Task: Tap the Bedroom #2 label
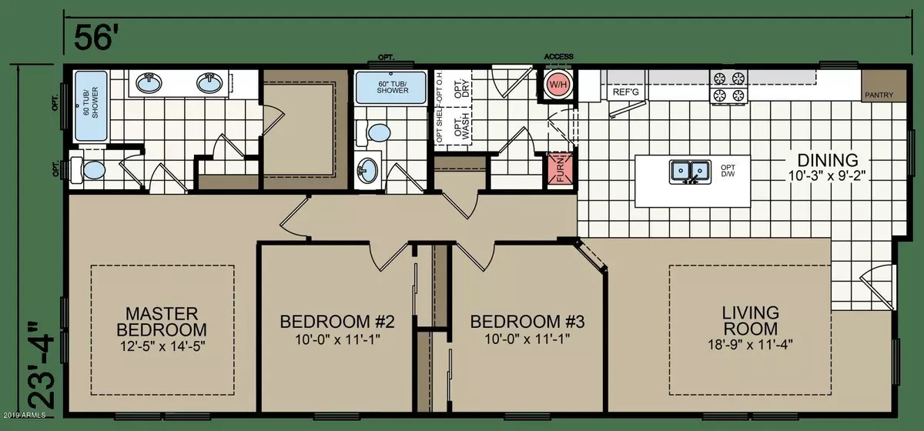point(336,321)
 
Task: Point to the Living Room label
point(751,322)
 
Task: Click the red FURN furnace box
point(557,169)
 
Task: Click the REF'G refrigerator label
point(621,92)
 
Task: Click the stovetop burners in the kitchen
point(728,85)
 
